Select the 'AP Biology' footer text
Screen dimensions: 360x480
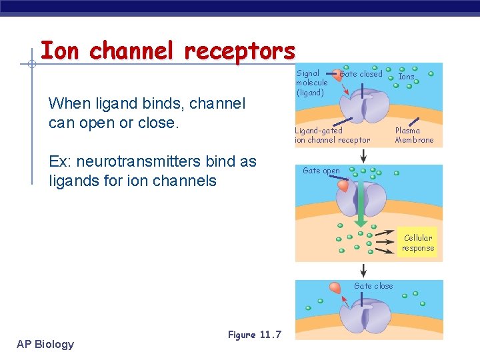click(x=45, y=344)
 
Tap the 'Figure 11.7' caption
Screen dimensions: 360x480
click(x=255, y=335)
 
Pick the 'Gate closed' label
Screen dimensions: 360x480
click(x=361, y=74)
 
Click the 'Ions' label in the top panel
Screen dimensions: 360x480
click(x=406, y=77)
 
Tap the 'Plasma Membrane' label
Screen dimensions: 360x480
click(x=413, y=135)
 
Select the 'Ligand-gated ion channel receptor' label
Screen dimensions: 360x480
click(x=332, y=135)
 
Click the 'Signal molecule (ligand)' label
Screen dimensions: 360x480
click(x=312, y=83)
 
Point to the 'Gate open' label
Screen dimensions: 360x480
click(x=321, y=171)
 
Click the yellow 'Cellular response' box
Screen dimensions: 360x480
click(x=418, y=243)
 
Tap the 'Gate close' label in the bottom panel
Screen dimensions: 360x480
click(x=373, y=286)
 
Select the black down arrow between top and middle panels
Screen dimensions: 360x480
click(x=363, y=155)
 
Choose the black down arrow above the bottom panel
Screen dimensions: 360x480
click(x=363, y=270)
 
